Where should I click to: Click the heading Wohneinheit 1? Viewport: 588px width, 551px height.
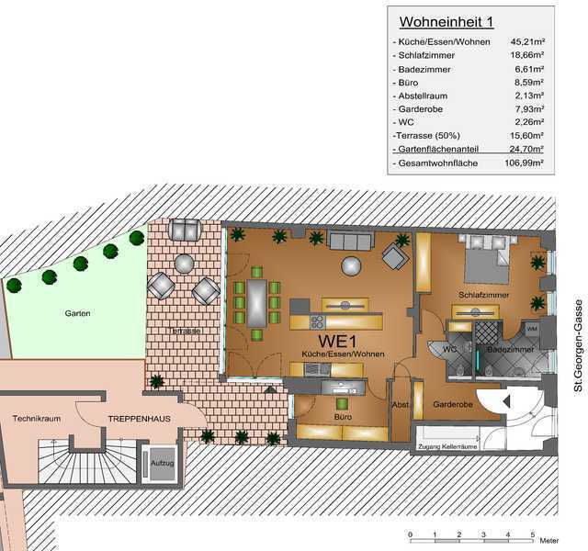[447, 22]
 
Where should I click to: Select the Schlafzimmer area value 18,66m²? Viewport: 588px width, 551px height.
[526, 55]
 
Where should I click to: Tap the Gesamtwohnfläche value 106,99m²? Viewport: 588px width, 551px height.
[524, 163]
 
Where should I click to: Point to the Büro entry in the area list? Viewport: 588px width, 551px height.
[408, 83]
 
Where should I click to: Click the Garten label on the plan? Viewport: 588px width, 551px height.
[77, 313]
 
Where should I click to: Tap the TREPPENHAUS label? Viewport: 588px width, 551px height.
[139, 419]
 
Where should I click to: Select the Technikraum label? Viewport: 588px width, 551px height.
[37, 419]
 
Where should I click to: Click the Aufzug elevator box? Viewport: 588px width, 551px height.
[163, 464]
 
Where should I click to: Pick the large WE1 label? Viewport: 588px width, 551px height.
[337, 341]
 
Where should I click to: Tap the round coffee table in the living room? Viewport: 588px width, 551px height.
[351, 266]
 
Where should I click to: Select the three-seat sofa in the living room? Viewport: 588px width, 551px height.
[351, 241]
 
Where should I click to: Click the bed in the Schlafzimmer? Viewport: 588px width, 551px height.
[486, 259]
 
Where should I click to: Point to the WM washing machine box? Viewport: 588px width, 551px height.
[532, 329]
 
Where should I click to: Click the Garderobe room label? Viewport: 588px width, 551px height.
[453, 404]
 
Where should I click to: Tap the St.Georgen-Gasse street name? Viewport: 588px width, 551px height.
[579, 345]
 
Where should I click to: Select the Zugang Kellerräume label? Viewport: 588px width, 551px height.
[447, 447]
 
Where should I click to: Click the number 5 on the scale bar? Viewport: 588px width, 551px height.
[532, 534]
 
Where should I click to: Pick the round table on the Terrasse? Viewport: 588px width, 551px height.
[184, 264]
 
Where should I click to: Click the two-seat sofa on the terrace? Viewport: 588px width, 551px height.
[185, 230]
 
